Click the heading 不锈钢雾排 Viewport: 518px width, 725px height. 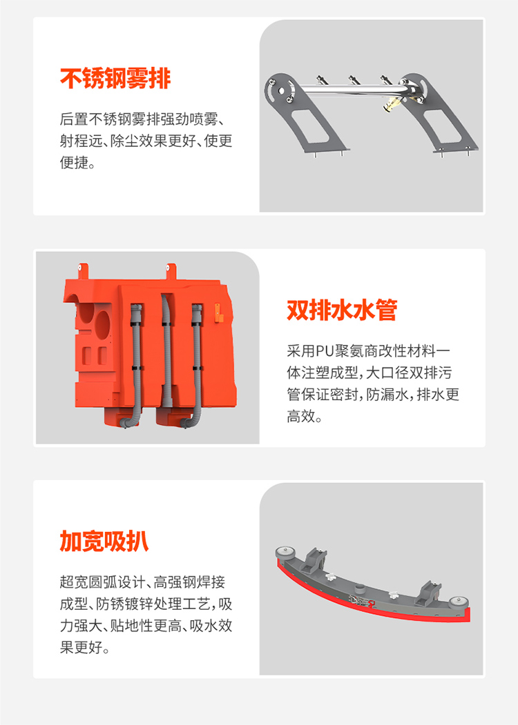[115, 78]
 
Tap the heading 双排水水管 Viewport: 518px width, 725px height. [342, 310]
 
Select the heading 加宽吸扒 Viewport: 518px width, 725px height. [104, 541]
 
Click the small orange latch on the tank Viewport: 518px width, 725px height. [218, 312]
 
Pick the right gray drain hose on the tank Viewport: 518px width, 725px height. [198, 366]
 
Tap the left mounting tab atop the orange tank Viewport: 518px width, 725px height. [83, 271]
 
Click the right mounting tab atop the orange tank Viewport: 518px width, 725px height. [171, 271]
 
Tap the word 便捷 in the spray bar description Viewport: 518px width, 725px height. [74, 162]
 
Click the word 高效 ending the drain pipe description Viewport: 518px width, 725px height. [301, 416]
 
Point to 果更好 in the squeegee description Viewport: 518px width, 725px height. [81, 647]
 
